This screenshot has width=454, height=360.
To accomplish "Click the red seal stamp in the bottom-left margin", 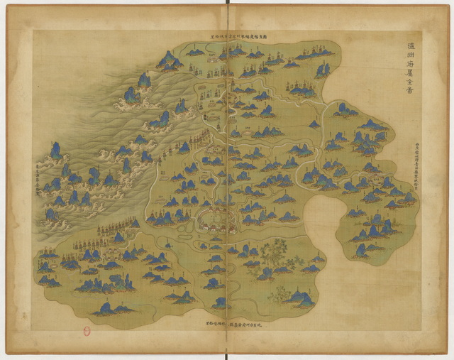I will pyautogui.click(x=87, y=331).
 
